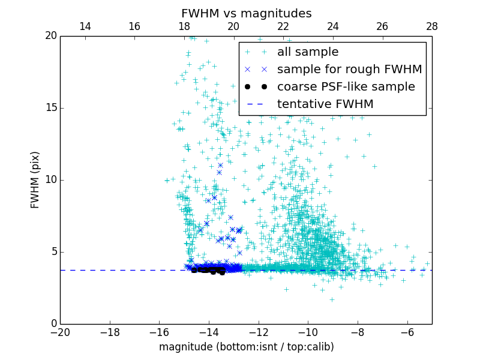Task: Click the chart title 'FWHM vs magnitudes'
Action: [246, 13]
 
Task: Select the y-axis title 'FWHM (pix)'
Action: [35, 179]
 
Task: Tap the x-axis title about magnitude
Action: [246, 347]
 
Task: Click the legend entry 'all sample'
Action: [307, 52]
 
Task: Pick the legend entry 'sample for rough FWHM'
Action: [349, 70]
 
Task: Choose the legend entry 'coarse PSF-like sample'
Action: [346, 87]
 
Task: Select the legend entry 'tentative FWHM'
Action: [325, 104]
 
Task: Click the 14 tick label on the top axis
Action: [85, 26]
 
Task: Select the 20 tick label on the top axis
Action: [233, 26]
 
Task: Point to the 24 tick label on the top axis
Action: [332, 26]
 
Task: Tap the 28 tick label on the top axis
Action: [431, 26]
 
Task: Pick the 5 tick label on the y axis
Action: [52, 252]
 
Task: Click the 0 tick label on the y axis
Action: [52, 324]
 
